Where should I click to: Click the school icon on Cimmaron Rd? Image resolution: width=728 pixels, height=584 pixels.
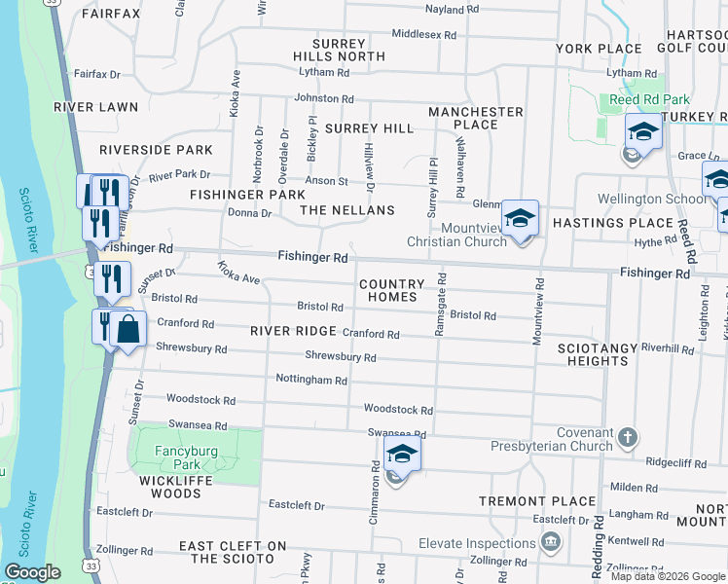point(401,454)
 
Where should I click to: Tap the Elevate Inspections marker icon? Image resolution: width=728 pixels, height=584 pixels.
point(551,541)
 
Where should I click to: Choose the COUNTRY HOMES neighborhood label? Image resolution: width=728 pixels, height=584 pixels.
point(392,290)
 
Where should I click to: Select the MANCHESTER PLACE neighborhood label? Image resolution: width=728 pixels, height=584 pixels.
point(476,118)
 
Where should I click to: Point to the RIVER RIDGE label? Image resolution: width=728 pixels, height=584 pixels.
point(293,331)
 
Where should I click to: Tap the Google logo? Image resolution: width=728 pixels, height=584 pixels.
point(32,572)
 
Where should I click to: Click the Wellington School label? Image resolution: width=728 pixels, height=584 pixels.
point(653,200)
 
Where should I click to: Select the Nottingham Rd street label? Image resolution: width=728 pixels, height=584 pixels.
point(311,381)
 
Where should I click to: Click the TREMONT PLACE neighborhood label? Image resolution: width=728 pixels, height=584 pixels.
point(537,501)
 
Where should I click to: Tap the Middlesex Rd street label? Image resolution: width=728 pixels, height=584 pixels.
point(423,34)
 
